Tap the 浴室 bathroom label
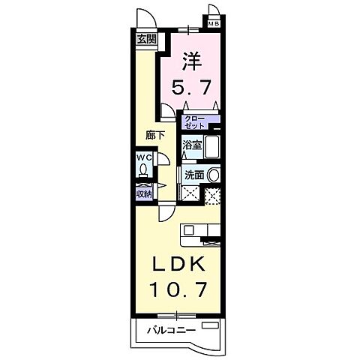coord(191,146)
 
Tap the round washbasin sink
coord(214,173)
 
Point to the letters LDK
coord(178,266)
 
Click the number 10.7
coord(178,288)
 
